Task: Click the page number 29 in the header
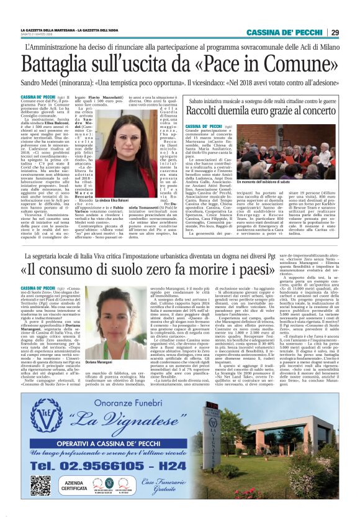335,32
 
